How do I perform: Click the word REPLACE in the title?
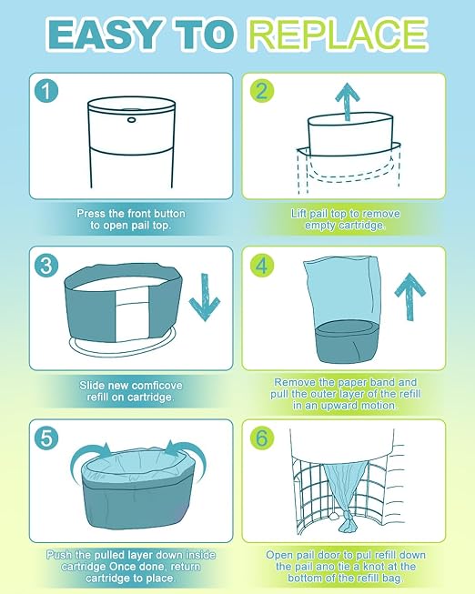point(339,34)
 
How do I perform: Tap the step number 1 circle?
point(46,91)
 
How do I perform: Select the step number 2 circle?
point(262,91)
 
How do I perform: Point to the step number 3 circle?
point(46,265)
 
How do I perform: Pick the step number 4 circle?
point(262,265)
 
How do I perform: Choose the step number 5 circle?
point(46,438)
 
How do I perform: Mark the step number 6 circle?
point(262,438)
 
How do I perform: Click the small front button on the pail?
point(132,120)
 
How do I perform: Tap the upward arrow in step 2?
point(348,102)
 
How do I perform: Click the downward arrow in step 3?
point(205,297)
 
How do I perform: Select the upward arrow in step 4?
point(409,297)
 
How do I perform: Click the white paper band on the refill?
point(131,314)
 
